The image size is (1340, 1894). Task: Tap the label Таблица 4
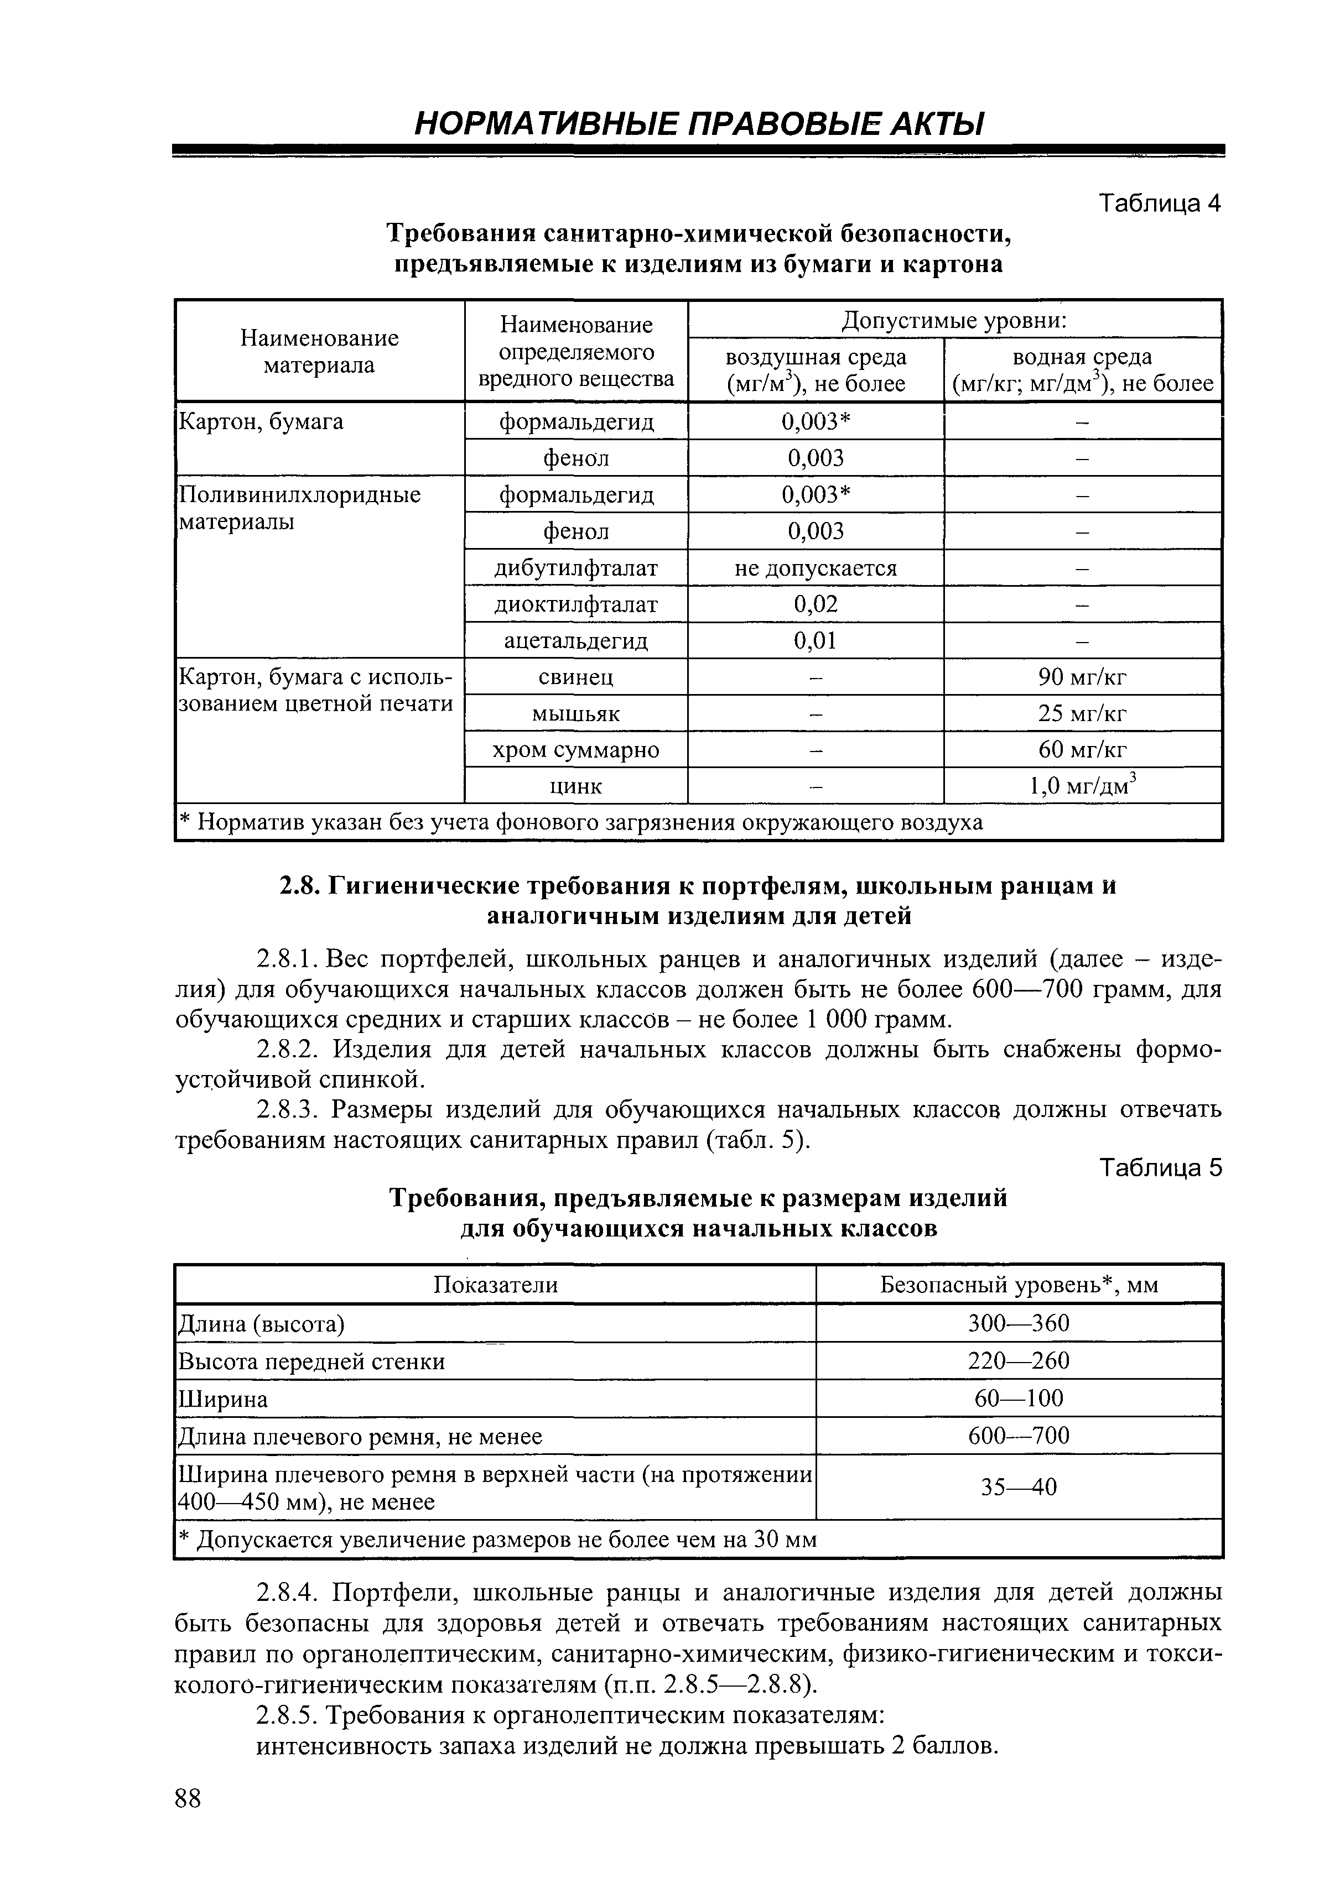click(x=1159, y=203)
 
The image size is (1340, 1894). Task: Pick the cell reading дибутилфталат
click(x=576, y=568)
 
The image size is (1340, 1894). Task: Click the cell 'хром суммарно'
click(x=576, y=750)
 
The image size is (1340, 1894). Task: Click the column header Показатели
click(x=495, y=1285)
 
